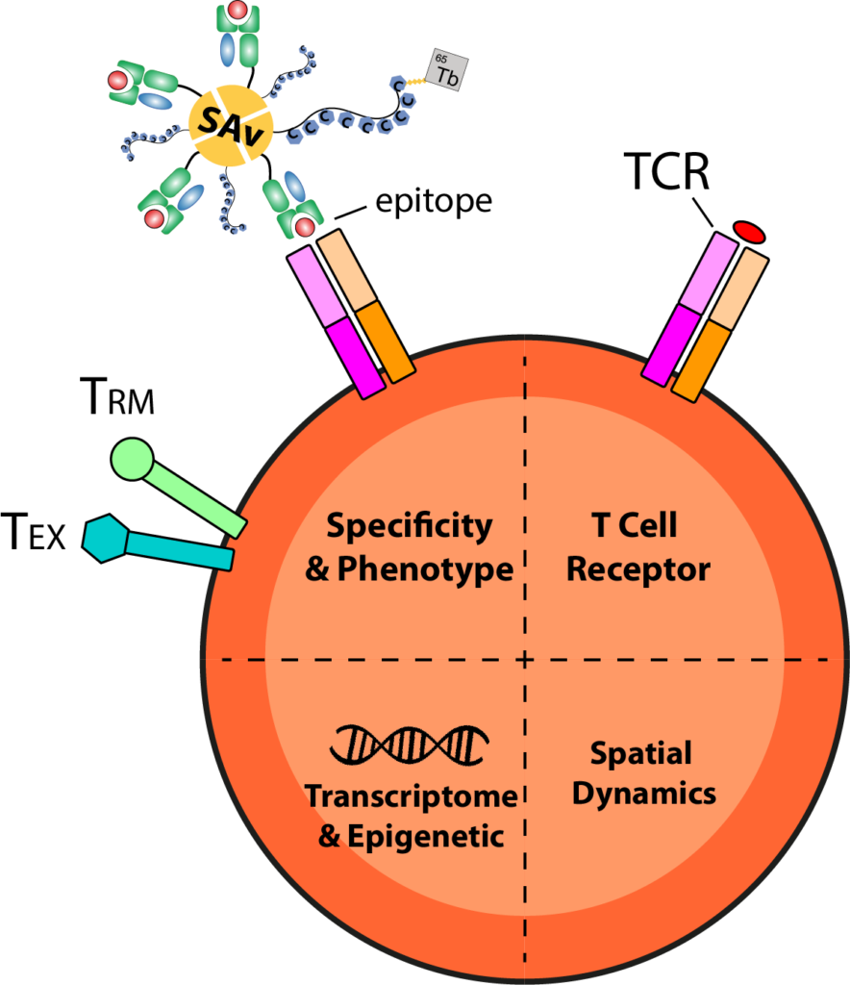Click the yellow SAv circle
point(230,124)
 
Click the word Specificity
point(409,526)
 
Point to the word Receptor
point(637,569)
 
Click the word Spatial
point(640,753)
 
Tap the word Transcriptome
point(411,796)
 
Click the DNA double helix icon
point(410,744)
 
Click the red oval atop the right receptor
point(749,232)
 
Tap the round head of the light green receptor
point(132,459)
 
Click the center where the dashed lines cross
point(525,660)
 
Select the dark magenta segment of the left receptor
point(355,358)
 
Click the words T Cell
point(635,526)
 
